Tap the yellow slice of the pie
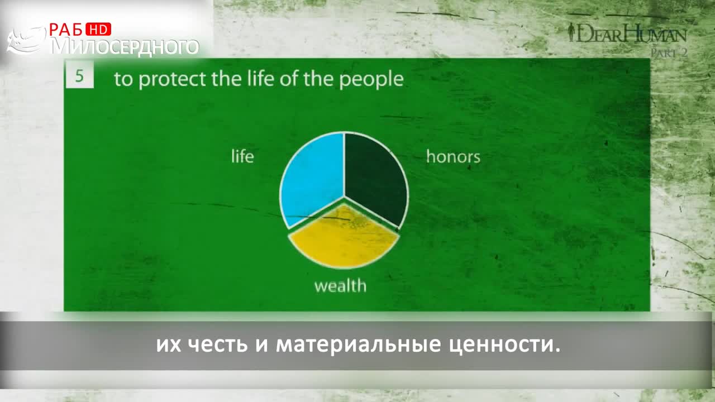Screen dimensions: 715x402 click(344, 238)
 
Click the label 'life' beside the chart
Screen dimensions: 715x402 click(242, 156)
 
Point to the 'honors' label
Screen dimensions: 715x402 click(453, 156)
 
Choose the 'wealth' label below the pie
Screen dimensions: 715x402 click(340, 285)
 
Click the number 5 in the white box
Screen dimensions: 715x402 click(79, 76)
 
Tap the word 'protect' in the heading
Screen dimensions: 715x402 click(173, 79)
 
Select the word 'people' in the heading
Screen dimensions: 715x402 click(371, 79)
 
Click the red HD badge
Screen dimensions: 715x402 click(98, 30)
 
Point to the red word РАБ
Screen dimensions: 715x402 click(65, 30)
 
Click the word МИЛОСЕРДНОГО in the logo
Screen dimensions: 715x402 click(125, 46)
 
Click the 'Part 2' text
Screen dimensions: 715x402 click(669, 52)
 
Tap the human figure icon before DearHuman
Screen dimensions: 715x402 click(571, 32)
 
